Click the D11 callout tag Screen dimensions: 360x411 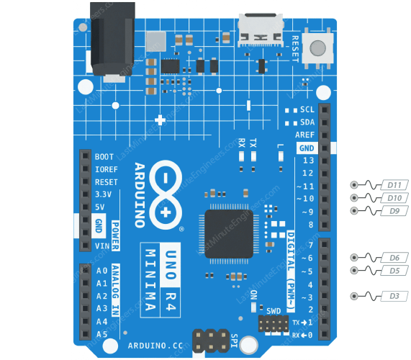click(x=394, y=184)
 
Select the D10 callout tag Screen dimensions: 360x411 click(x=394, y=197)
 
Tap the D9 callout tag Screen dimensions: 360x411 click(x=394, y=210)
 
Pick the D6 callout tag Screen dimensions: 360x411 click(x=394, y=257)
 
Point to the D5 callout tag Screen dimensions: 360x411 click(x=394, y=270)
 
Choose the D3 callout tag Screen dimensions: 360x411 click(x=394, y=296)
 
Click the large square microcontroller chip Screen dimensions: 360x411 click(x=229, y=234)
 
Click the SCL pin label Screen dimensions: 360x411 click(x=307, y=109)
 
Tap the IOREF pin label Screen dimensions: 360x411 click(x=106, y=169)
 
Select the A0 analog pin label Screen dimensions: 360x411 click(x=102, y=271)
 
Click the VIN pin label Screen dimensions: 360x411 click(x=102, y=246)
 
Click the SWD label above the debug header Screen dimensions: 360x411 click(x=274, y=311)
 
